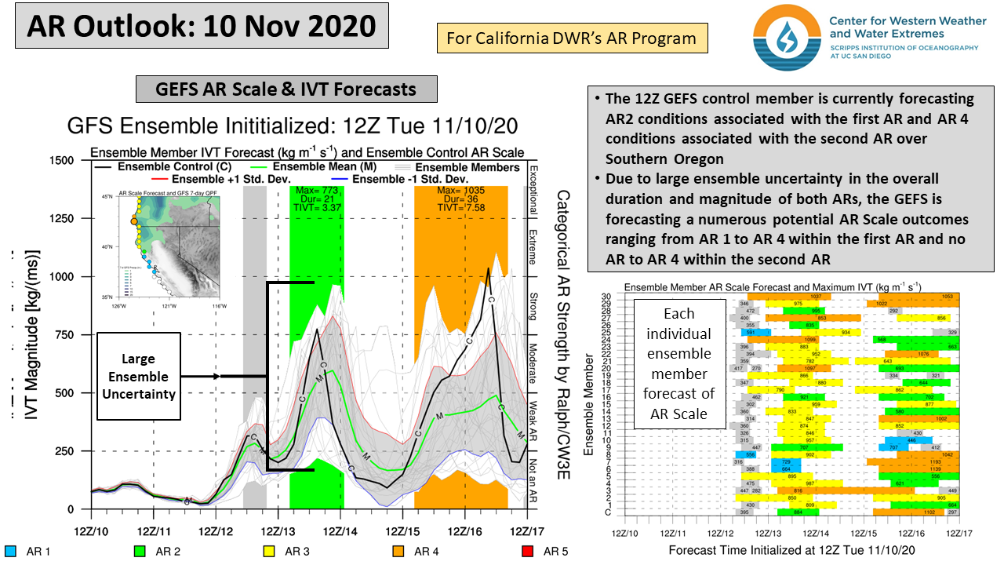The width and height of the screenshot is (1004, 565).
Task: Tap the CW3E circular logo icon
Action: pos(785,37)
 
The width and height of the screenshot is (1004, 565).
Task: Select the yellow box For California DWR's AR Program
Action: pos(571,38)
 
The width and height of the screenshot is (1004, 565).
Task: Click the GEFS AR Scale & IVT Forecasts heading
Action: pos(286,89)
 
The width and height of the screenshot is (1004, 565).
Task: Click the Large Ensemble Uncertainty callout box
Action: pos(139,377)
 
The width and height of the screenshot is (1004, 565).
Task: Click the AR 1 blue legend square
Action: pos(10,551)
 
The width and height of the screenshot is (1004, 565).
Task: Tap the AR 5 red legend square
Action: pos(528,551)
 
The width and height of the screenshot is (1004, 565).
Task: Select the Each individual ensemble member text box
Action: pos(678,363)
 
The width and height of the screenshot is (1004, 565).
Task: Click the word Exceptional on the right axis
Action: pos(533,188)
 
